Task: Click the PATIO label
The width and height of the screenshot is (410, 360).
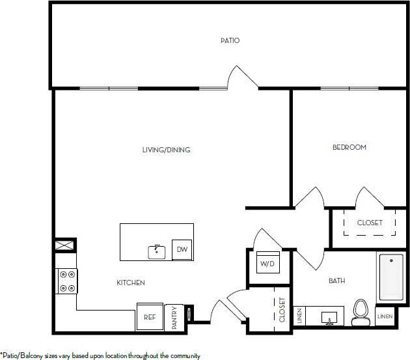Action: point(230,40)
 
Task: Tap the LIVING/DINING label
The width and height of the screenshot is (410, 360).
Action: point(166,150)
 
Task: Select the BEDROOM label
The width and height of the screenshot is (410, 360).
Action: point(349,147)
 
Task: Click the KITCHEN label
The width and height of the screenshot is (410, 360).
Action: point(130,283)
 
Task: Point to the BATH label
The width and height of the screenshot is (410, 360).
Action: point(336,281)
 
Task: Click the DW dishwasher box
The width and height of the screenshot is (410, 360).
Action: point(182,250)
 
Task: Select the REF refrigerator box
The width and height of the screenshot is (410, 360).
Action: point(150,316)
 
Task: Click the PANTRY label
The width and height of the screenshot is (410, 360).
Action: point(175,318)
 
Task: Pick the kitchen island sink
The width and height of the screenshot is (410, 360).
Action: point(157,251)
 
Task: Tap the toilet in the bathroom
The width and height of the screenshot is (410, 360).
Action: point(360,312)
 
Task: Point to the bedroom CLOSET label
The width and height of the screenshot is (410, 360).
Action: point(370,223)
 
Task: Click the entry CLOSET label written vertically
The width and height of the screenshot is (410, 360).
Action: point(282,310)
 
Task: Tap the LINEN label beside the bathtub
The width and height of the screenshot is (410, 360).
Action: point(385,316)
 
